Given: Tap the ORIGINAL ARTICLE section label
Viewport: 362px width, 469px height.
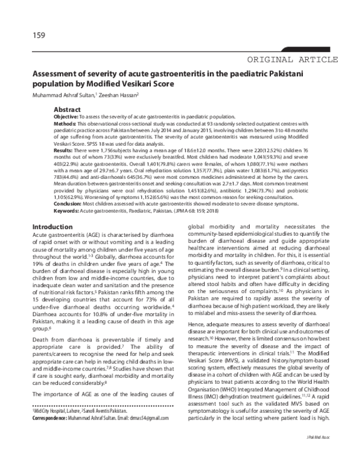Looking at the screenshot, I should point(289,59).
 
